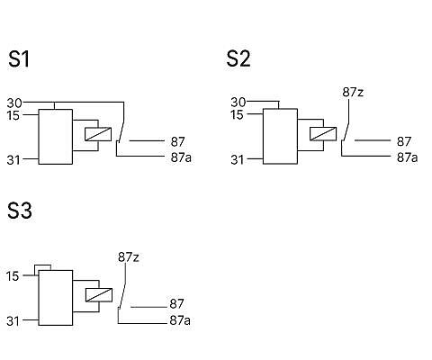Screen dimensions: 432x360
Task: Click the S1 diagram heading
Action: tap(19, 58)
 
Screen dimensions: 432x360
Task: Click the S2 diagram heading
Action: tap(238, 58)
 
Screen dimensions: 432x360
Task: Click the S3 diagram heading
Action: tap(20, 210)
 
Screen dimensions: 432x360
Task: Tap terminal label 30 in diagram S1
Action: tap(14, 103)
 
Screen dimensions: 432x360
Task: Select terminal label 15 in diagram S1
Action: tap(13, 115)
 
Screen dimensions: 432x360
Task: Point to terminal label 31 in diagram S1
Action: tap(13, 160)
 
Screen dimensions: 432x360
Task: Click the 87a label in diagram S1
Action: tap(181, 157)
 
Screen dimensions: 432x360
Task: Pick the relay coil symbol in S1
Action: tap(98, 134)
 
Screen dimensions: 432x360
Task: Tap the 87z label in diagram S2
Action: tap(353, 93)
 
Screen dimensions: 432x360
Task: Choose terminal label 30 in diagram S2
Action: tap(238, 103)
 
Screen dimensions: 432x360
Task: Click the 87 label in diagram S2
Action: tap(404, 141)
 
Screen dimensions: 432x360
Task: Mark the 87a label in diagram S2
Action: tap(407, 157)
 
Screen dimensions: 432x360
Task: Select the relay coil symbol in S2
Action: tap(323, 134)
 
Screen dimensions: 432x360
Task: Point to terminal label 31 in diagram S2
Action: tap(237, 160)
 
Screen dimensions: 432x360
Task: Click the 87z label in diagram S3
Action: tap(129, 257)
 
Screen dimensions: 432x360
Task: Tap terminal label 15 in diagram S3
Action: tap(13, 276)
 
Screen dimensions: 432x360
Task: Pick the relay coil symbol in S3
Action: tap(99, 295)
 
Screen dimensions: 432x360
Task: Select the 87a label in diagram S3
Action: tap(180, 320)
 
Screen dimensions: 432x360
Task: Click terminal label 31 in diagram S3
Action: tap(13, 321)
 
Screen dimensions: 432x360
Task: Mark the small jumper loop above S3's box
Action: tap(42, 265)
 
